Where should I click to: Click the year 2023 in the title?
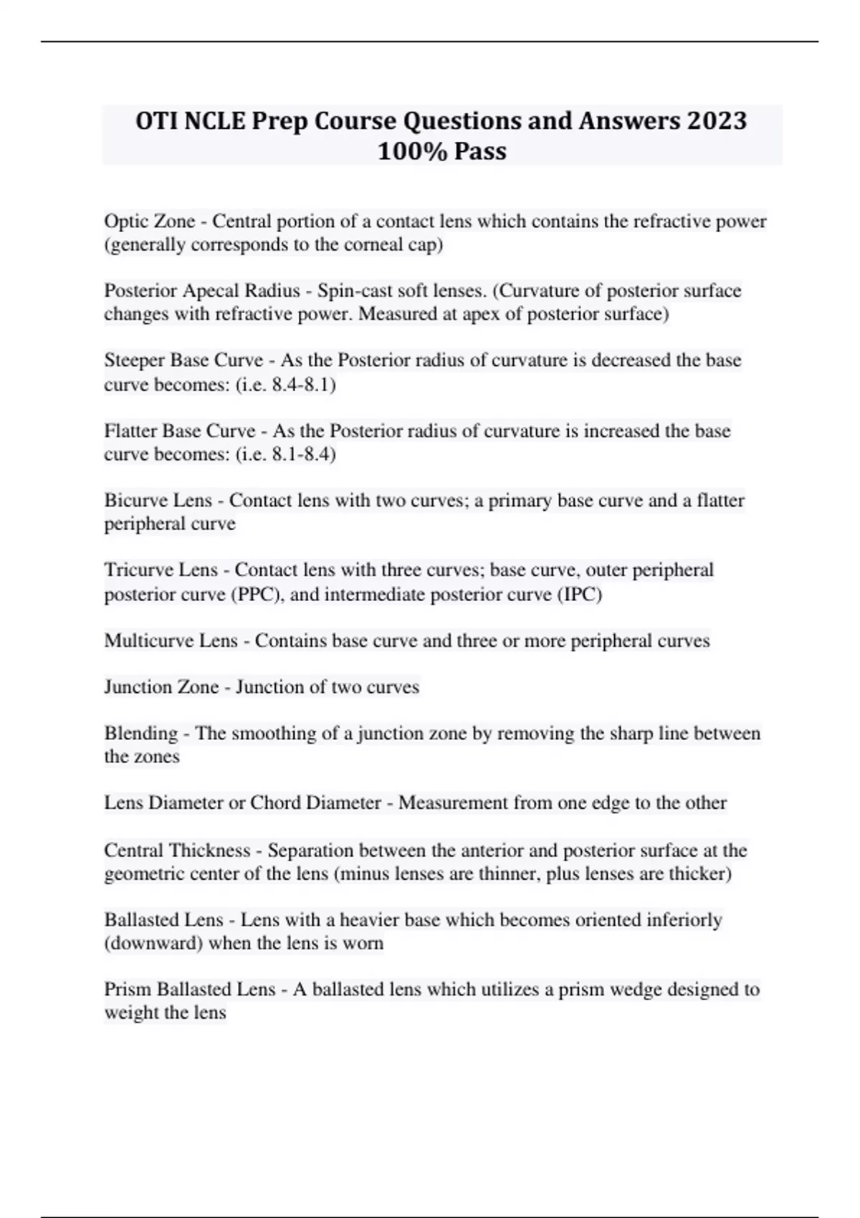click(x=716, y=120)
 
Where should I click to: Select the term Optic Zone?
click(x=149, y=221)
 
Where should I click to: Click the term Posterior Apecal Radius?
click(x=201, y=290)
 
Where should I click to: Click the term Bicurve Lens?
click(x=158, y=500)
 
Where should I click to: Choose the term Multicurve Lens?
click(x=171, y=640)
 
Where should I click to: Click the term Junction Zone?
click(x=161, y=686)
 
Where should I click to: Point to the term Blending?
click(x=140, y=733)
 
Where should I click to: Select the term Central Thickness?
click(x=177, y=850)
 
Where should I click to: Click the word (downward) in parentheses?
click(x=153, y=943)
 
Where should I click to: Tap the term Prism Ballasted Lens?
click(x=189, y=989)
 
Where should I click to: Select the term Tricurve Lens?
click(x=161, y=570)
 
